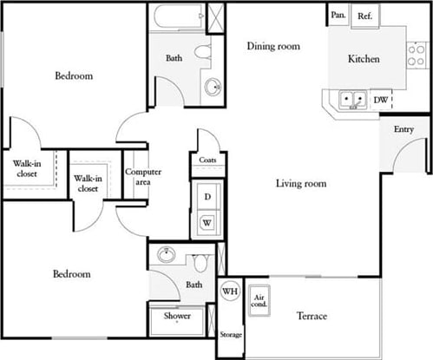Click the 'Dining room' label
tap(273, 46)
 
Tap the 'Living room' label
tap(301, 183)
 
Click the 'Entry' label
tap(403, 129)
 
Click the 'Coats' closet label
tap(207, 160)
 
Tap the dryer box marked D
tap(207, 197)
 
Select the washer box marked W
tap(207, 223)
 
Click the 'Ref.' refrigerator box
tap(364, 15)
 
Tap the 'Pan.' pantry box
tap(337, 15)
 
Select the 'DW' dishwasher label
tap(380, 101)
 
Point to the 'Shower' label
tap(177, 317)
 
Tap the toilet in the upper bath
tap(203, 52)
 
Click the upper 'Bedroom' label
tap(74, 76)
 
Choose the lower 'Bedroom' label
tap(72, 274)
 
